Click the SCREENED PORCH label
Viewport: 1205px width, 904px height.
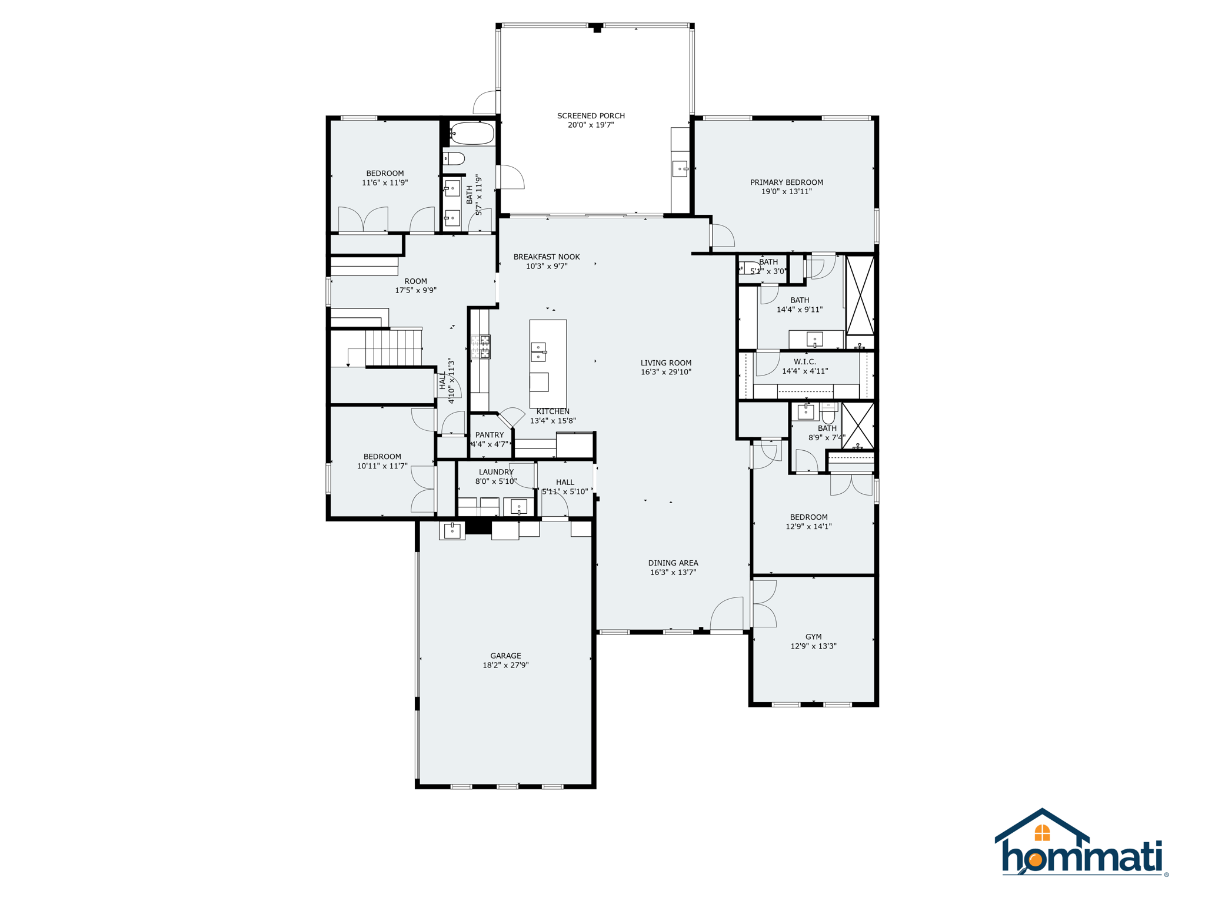(591, 116)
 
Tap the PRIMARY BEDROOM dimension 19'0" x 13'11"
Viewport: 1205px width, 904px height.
(786, 191)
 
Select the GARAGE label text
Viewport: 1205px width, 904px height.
(505, 656)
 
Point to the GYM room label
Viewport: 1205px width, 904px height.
(813, 637)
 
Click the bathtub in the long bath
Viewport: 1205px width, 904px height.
(472, 134)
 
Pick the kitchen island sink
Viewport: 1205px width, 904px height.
(538, 352)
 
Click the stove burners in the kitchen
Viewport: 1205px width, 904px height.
(481, 347)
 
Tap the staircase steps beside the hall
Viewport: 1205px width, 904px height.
(393, 347)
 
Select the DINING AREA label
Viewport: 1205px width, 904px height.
(673, 563)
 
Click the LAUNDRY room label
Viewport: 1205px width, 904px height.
(496, 472)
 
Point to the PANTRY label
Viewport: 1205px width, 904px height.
(490, 435)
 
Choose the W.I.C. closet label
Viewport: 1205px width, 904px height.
(804, 362)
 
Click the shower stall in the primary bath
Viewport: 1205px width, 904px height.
(860, 295)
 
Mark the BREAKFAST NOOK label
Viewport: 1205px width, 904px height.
(547, 257)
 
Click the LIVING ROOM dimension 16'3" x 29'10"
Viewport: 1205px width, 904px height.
(665, 372)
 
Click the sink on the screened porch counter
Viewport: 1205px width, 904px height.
(680, 169)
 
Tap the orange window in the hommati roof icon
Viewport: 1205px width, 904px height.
(1042, 833)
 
